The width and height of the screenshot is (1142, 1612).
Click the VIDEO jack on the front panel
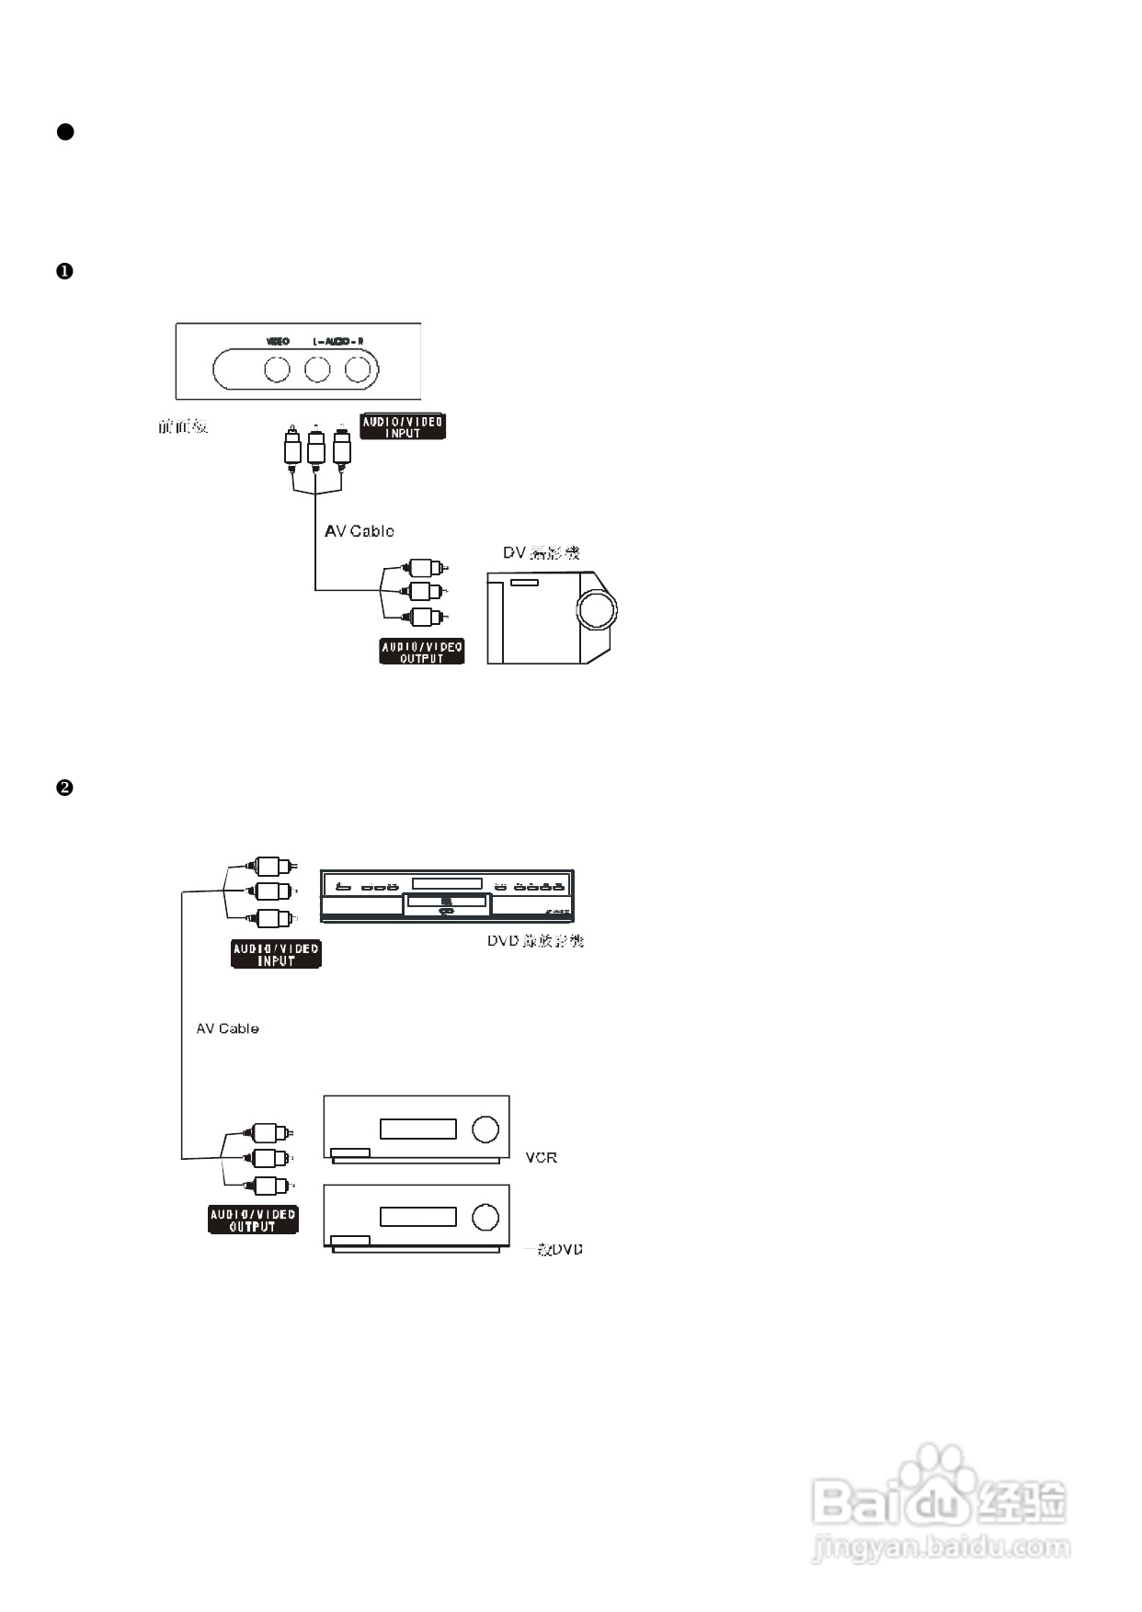pyautogui.click(x=277, y=369)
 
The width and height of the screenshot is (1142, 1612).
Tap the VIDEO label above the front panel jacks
pyautogui.click(x=278, y=341)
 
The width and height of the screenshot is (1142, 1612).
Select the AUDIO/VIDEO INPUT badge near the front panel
pyautogui.click(x=403, y=427)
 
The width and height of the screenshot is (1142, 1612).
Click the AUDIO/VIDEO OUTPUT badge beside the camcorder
pyautogui.click(x=422, y=652)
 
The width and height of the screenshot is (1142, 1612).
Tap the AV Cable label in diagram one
pyautogui.click(x=359, y=531)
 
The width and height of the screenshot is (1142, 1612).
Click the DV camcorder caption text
pyautogui.click(x=541, y=553)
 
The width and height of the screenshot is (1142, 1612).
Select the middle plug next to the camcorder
pyautogui.click(x=424, y=591)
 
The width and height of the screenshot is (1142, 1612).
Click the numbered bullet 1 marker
pyautogui.click(x=64, y=271)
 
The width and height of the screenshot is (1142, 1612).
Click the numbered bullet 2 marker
pyautogui.click(x=64, y=788)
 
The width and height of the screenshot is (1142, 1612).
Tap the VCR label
pyautogui.click(x=541, y=1157)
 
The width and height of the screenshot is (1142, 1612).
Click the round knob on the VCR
pyautogui.click(x=485, y=1129)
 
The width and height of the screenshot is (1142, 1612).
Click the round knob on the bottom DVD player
pyautogui.click(x=485, y=1217)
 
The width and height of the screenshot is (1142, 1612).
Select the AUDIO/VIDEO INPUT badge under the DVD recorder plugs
pyautogui.click(x=276, y=955)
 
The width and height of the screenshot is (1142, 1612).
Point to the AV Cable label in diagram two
pyautogui.click(x=227, y=1028)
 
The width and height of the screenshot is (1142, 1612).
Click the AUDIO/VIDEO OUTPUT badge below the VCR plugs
pyautogui.click(x=253, y=1220)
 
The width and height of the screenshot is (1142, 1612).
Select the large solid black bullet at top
pyautogui.click(x=65, y=131)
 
